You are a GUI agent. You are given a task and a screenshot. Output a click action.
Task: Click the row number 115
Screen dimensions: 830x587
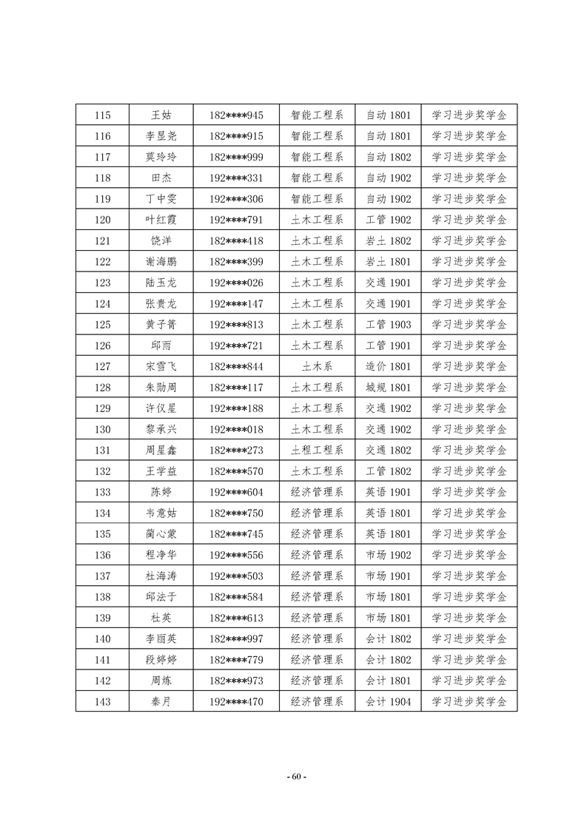tap(104, 115)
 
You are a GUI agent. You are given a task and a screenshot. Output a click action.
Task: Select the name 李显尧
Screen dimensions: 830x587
tap(161, 136)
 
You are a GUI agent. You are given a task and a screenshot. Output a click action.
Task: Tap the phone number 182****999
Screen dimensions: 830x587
tap(236, 157)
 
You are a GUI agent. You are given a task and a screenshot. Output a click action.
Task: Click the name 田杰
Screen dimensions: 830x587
tap(161, 178)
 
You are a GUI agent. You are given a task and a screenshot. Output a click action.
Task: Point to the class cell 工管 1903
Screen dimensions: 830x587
tap(388, 325)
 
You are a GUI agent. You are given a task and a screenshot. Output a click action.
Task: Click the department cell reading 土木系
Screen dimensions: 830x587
tap(317, 367)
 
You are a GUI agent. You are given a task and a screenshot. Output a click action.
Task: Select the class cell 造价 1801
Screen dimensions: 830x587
tap(388, 367)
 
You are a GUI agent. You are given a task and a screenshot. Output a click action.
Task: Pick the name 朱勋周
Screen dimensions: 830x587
tap(161, 388)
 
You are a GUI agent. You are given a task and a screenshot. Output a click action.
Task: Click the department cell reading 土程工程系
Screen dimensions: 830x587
tap(317, 451)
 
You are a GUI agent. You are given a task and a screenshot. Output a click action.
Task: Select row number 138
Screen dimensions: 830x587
tap(104, 597)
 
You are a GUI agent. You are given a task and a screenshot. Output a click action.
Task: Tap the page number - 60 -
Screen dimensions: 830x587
tap(294, 777)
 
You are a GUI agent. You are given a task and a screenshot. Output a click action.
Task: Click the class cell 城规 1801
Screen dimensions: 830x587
tap(388, 388)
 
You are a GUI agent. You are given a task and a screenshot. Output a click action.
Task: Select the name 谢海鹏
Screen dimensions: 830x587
tap(161, 262)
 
